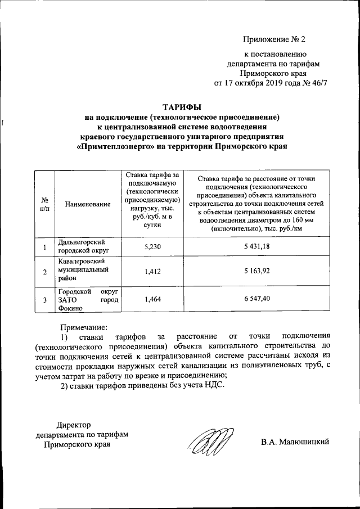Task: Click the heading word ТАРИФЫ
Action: pos(181,107)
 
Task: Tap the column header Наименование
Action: pos(87,204)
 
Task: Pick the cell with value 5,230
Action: pos(152,246)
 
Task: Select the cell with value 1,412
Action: pos(152,272)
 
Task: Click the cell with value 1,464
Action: pos(152,300)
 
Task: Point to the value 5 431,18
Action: pos(257,246)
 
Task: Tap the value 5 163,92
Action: pos(257,272)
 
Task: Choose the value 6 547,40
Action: pos(257,300)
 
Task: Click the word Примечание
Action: pos(83,326)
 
